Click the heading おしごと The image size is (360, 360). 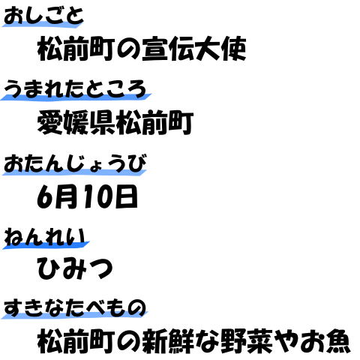coord(43,16)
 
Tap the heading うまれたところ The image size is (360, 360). coord(75,88)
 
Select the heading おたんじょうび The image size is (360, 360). coord(75,163)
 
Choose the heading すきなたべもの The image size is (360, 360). coord(75,308)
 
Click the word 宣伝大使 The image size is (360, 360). coord(194,49)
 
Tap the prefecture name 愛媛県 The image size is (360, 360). coord(76,122)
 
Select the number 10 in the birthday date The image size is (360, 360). coord(98,196)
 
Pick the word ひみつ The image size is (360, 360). coord(75,268)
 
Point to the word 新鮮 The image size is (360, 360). coord(168,341)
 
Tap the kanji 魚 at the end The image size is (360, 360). coord(337,341)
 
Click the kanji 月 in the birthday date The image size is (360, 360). coord(67,196)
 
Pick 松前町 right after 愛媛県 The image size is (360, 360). coord(154,122)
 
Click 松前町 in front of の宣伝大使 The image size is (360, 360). coord(76,49)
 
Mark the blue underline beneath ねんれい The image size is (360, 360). coord(46,245)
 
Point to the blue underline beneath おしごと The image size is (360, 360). coord(43,24)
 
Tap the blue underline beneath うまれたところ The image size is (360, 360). coord(76,97)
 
